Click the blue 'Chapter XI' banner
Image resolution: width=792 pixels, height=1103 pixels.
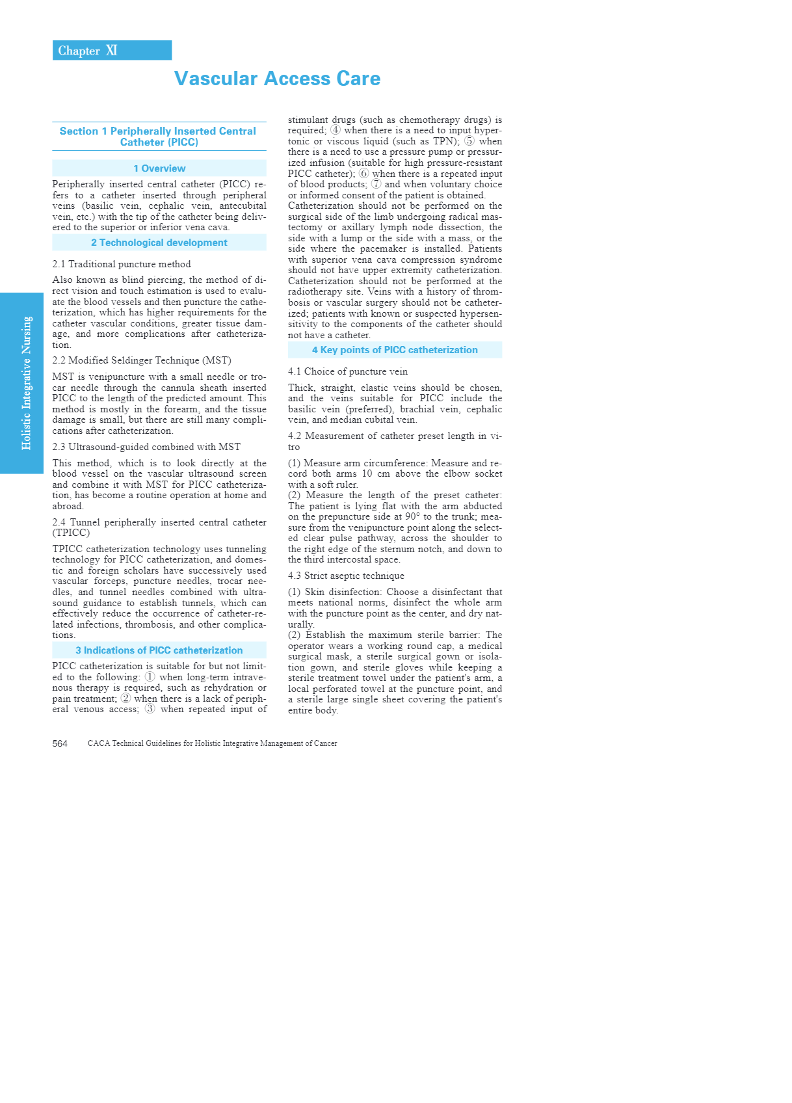click(x=112, y=51)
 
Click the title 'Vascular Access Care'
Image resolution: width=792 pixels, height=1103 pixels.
click(x=277, y=79)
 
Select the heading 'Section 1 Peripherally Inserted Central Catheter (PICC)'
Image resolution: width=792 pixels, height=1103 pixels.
click(x=158, y=137)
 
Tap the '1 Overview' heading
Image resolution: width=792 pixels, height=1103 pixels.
click(x=159, y=168)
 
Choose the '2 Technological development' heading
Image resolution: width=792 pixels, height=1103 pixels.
click(x=159, y=243)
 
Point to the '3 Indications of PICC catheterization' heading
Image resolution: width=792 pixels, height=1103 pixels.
click(x=159, y=650)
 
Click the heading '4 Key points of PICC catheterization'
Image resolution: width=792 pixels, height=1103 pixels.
click(x=395, y=350)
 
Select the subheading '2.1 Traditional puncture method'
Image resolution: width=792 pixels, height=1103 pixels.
click(x=122, y=264)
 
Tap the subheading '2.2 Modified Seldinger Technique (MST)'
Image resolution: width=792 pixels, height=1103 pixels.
click(x=142, y=360)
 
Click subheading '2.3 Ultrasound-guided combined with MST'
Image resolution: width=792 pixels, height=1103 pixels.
click(x=146, y=447)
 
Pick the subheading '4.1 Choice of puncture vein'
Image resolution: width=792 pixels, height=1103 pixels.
click(x=348, y=371)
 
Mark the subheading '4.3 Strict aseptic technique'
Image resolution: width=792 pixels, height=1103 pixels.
click(x=346, y=576)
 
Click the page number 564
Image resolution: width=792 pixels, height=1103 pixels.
click(x=60, y=743)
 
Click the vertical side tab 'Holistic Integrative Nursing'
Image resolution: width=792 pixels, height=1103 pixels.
click(x=26, y=383)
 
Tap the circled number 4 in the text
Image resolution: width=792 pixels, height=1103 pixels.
click(x=336, y=130)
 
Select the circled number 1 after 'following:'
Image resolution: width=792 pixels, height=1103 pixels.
click(x=150, y=677)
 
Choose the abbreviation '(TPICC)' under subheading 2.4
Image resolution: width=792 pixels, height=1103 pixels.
click(x=71, y=533)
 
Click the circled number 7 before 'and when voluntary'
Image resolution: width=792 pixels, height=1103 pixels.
click(x=376, y=184)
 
